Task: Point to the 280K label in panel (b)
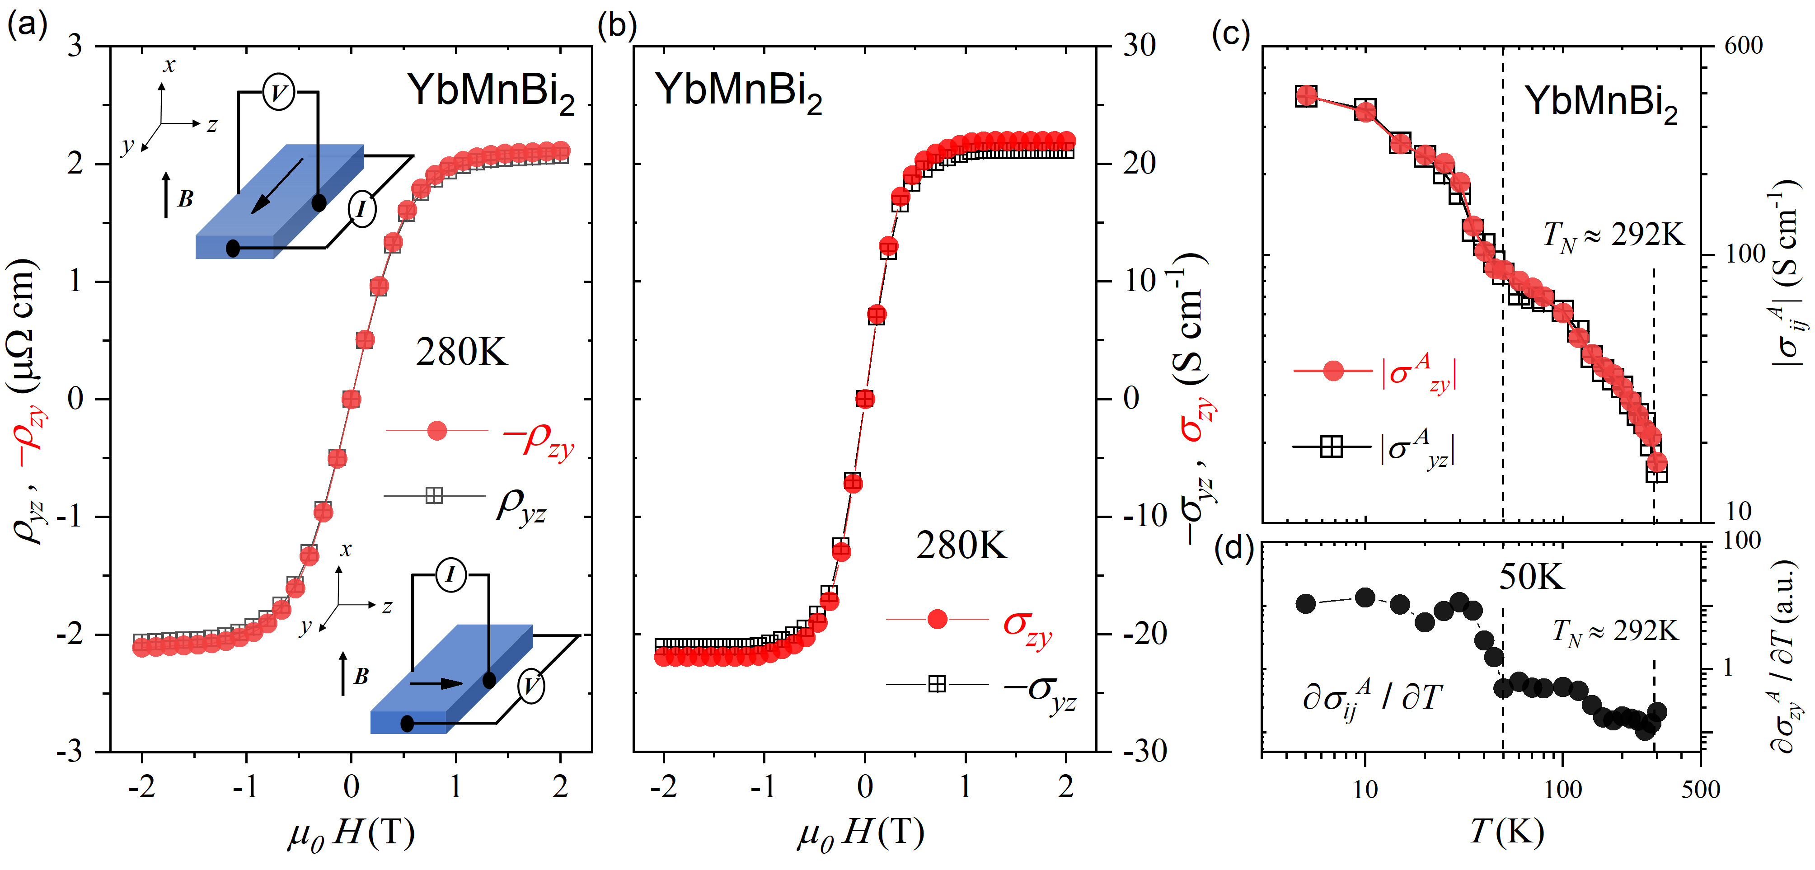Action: point(961,545)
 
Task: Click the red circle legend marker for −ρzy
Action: point(437,430)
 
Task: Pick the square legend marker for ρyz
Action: point(434,496)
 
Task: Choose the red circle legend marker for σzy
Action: point(937,619)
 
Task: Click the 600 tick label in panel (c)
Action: point(1743,46)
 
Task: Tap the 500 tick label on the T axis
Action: point(1700,790)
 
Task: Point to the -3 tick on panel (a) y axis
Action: point(70,752)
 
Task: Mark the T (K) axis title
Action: point(1506,832)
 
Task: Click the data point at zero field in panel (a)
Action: point(351,399)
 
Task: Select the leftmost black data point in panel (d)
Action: point(1306,603)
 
